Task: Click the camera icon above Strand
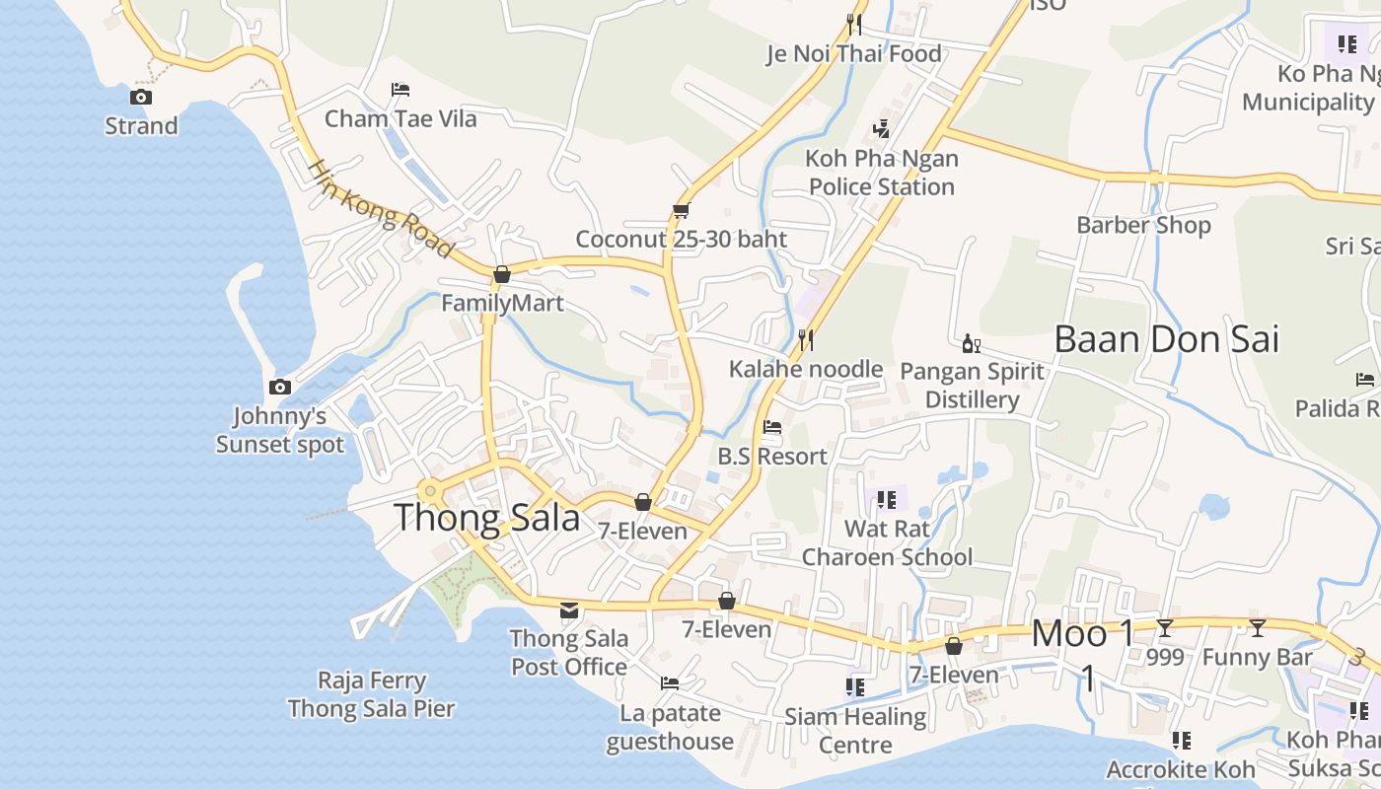pos(141,97)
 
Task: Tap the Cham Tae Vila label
pos(400,118)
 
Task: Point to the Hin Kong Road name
pos(380,209)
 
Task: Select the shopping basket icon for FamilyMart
pos(502,274)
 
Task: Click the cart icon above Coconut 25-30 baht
pos(681,210)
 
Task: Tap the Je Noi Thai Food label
pos(854,53)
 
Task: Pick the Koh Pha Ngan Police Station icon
pos(882,129)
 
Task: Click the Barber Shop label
pos(1143,225)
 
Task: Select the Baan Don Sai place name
pos(1166,338)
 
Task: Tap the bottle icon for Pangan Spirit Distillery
pos(971,343)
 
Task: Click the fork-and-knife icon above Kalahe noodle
pos(806,340)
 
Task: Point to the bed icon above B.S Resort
pos(772,427)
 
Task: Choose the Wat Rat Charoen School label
pos(887,542)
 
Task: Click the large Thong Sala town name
pos(487,517)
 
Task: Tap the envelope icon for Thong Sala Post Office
pos(569,610)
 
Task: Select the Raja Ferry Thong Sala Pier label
pos(372,694)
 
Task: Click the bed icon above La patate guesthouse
pos(670,683)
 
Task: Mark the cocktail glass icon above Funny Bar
pos(1257,627)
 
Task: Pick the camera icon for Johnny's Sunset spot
pos(280,387)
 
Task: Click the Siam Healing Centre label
pos(855,730)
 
